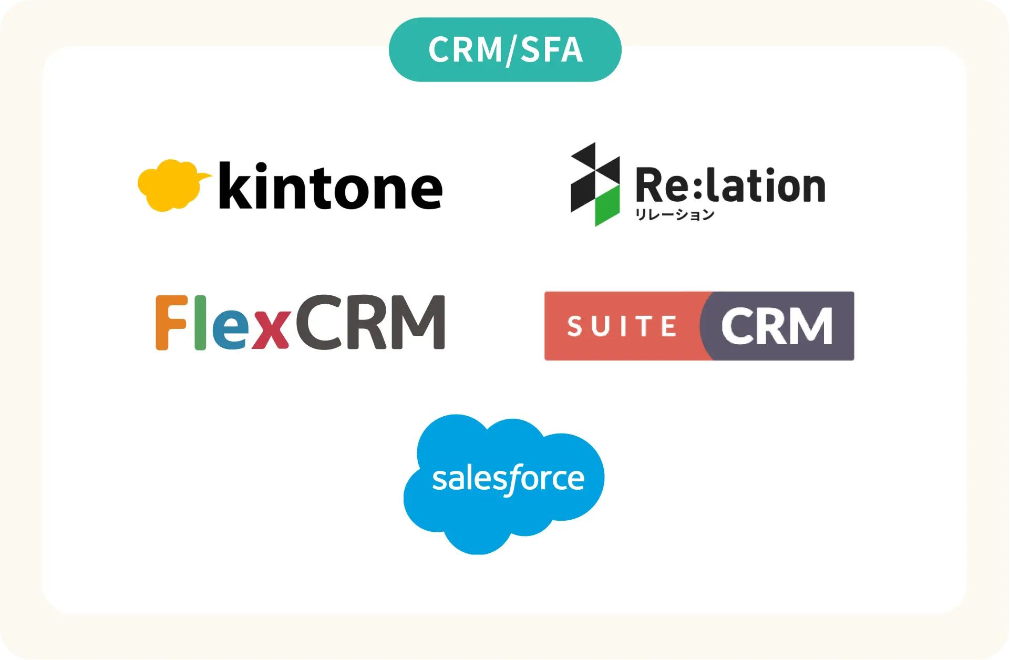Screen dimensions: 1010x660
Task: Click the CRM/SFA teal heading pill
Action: (505, 49)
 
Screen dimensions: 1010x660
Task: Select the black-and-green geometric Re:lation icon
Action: (595, 184)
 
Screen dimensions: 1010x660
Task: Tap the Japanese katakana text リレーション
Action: (675, 214)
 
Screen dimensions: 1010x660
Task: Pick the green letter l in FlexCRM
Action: (200, 322)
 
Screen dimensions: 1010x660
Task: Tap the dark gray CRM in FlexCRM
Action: (370, 322)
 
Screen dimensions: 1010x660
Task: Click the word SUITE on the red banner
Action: (622, 326)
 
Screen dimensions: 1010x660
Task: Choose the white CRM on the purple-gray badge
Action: (777, 326)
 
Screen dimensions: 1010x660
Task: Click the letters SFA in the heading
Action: (551, 50)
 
